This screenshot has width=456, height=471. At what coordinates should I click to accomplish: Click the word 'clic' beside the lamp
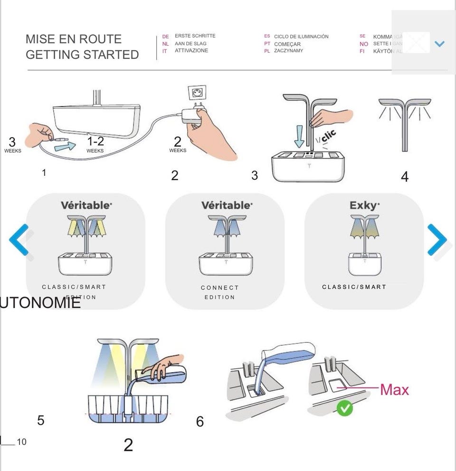[x=328, y=136]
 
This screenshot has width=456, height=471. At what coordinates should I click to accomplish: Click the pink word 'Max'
[x=394, y=390]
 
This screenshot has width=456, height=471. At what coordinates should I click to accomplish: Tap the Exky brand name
[x=364, y=206]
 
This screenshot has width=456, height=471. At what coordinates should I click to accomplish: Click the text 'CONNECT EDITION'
[x=219, y=292]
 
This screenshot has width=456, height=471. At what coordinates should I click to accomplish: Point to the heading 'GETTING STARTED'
[x=82, y=55]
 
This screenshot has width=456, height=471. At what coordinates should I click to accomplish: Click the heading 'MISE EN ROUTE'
[x=74, y=39]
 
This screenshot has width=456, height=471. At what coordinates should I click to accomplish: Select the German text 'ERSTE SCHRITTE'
[x=195, y=36]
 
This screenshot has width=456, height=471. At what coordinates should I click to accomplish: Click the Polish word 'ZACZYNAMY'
[x=288, y=51]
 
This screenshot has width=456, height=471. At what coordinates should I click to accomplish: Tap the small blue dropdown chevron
[x=439, y=44]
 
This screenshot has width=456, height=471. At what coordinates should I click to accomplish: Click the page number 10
[x=22, y=442]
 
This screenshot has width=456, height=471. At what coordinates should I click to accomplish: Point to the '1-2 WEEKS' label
[x=95, y=144]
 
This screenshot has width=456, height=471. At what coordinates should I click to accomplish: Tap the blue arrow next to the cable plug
[x=64, y=146]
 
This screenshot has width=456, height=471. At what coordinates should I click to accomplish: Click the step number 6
[x=200, y=421]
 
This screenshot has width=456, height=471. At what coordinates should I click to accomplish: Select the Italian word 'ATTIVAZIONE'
[x=191, y=51]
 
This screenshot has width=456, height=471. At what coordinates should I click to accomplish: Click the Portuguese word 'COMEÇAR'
[x=287, y=44]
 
